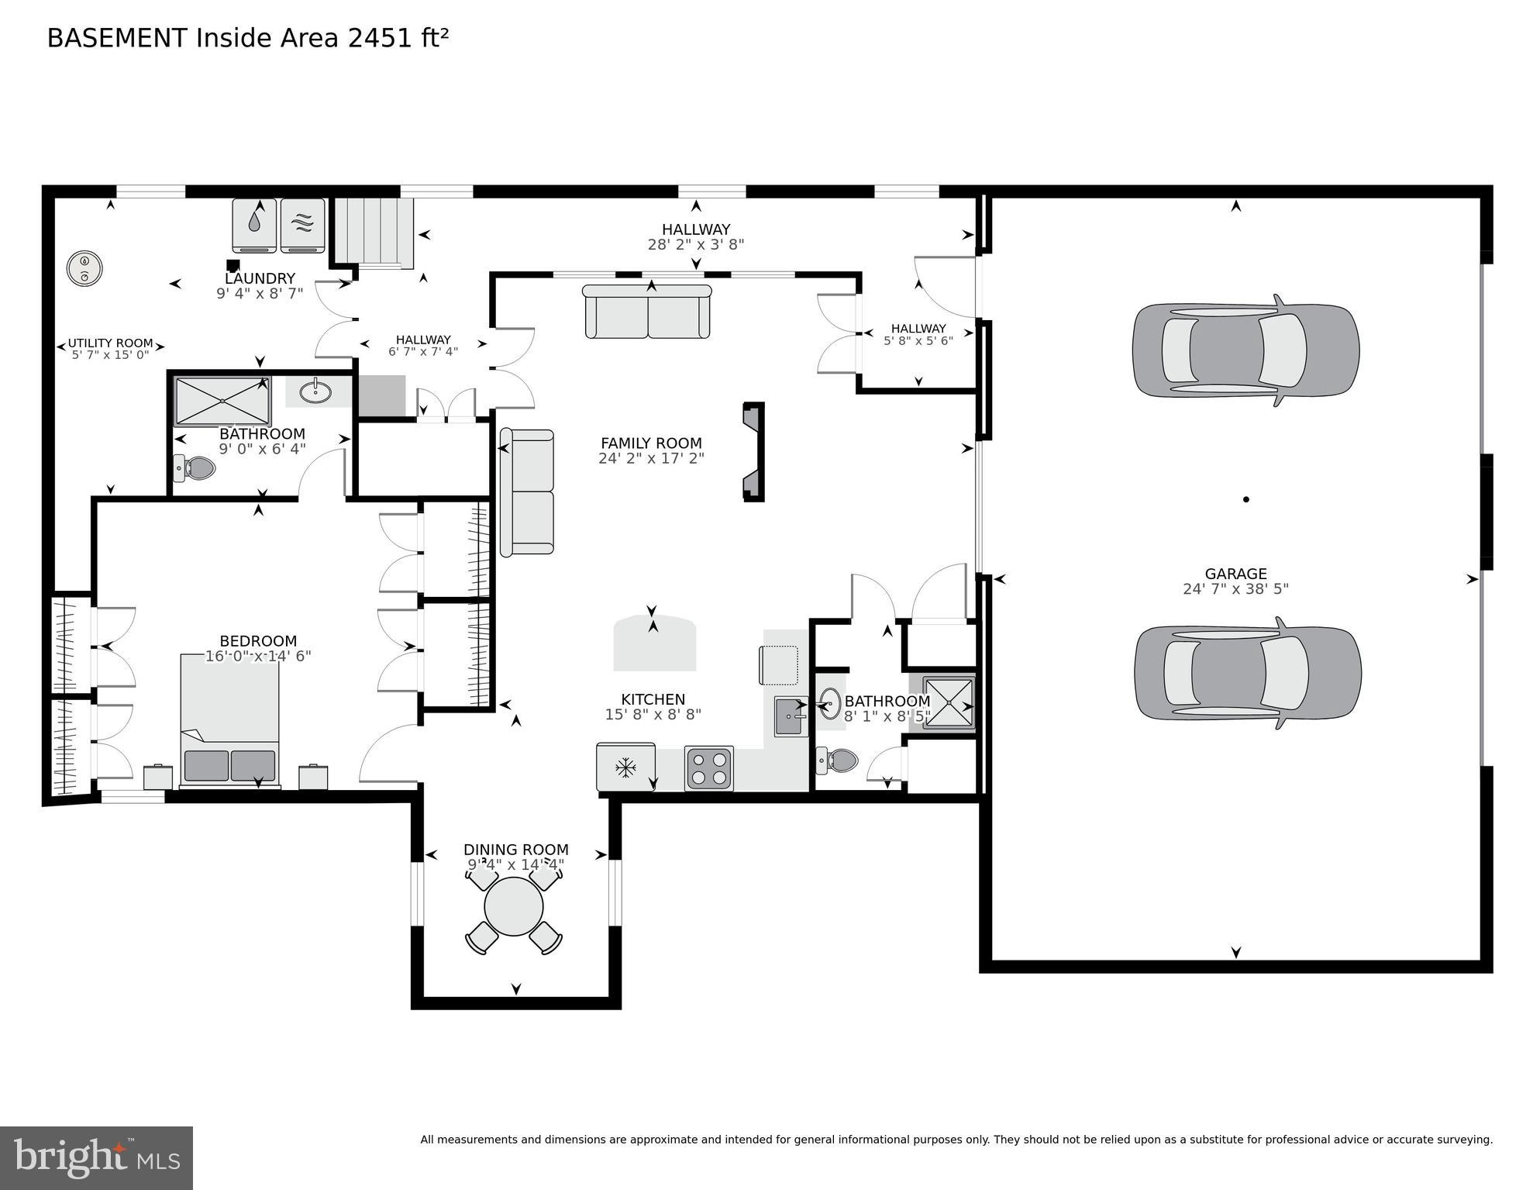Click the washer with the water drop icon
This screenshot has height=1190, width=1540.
pyautogui.click(x=254, y=225)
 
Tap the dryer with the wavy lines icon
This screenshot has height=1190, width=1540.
pyautogui.click(x=302, y=225)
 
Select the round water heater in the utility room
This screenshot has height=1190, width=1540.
pyautogui.click(x=84, y=268)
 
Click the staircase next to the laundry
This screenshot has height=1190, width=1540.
pyautogui.click(x=374, y=232)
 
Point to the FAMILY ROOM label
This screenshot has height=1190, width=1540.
pyautogui.click(x=651, y=443)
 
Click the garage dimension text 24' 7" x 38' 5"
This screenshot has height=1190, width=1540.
pyautogui.click(x=1235, y=589)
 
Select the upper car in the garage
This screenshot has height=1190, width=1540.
pyautogui.click(x=1245, y=350)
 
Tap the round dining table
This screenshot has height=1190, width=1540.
pyautogui.click(x=514, y=906)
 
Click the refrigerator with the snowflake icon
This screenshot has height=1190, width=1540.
pyautogui.click(x=625, y=767)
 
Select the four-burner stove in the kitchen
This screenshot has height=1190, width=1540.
pyautogui.click(x=709, y=767)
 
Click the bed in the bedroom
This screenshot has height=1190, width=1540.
pyautogui.click(x=229, y=721)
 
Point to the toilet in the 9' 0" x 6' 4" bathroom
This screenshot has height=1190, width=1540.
pyautogui.click(x=195, y=467)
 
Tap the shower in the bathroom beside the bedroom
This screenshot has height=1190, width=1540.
pyautogui.click(x=222, y=401)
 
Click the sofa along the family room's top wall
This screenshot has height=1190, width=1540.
pyautogui.click(x=647, y=312)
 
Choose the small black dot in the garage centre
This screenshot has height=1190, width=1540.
pyautogui.click(x=1246, y=499)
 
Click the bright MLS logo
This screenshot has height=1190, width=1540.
pyautogui.click(x=96, y=1158)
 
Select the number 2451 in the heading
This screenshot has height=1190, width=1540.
pyautogui.click(x=381, y=38)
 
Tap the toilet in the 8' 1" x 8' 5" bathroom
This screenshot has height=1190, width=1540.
pyautogui.click(x=839, y=761)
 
